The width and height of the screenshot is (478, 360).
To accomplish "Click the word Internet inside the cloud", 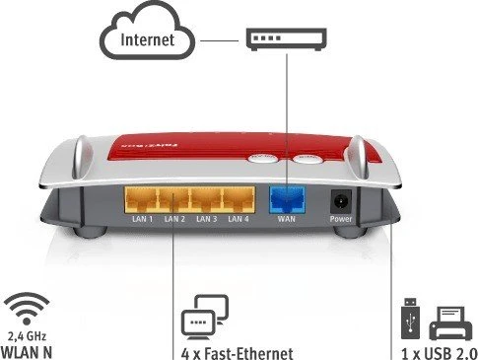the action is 147,39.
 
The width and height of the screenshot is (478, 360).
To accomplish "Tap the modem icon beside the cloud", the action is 287,39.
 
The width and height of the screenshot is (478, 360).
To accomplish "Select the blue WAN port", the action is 287,200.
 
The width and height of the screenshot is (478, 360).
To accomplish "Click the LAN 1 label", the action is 142,219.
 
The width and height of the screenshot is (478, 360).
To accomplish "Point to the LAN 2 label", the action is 174,219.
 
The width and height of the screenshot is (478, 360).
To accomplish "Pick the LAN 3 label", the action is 206,219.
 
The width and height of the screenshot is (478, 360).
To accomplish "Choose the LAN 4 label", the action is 239,219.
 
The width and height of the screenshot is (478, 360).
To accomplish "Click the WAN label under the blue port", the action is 287,219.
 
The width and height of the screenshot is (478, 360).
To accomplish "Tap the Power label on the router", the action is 341,219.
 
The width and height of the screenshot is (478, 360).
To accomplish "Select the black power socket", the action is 341,201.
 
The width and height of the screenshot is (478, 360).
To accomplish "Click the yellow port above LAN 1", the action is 142,200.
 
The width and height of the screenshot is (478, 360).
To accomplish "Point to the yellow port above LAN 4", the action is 239,200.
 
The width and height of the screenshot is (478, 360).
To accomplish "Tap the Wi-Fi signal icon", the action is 27,309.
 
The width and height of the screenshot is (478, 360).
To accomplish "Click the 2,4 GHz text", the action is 27,336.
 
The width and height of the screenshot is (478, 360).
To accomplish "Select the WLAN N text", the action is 27,352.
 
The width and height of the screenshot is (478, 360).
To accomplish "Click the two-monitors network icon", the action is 205,317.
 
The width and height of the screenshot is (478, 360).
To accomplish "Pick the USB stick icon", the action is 410,318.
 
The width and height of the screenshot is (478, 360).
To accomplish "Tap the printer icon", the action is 450,324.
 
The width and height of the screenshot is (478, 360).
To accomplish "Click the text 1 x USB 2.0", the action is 440,354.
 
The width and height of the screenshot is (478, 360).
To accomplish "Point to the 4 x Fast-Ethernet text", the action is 237,354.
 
